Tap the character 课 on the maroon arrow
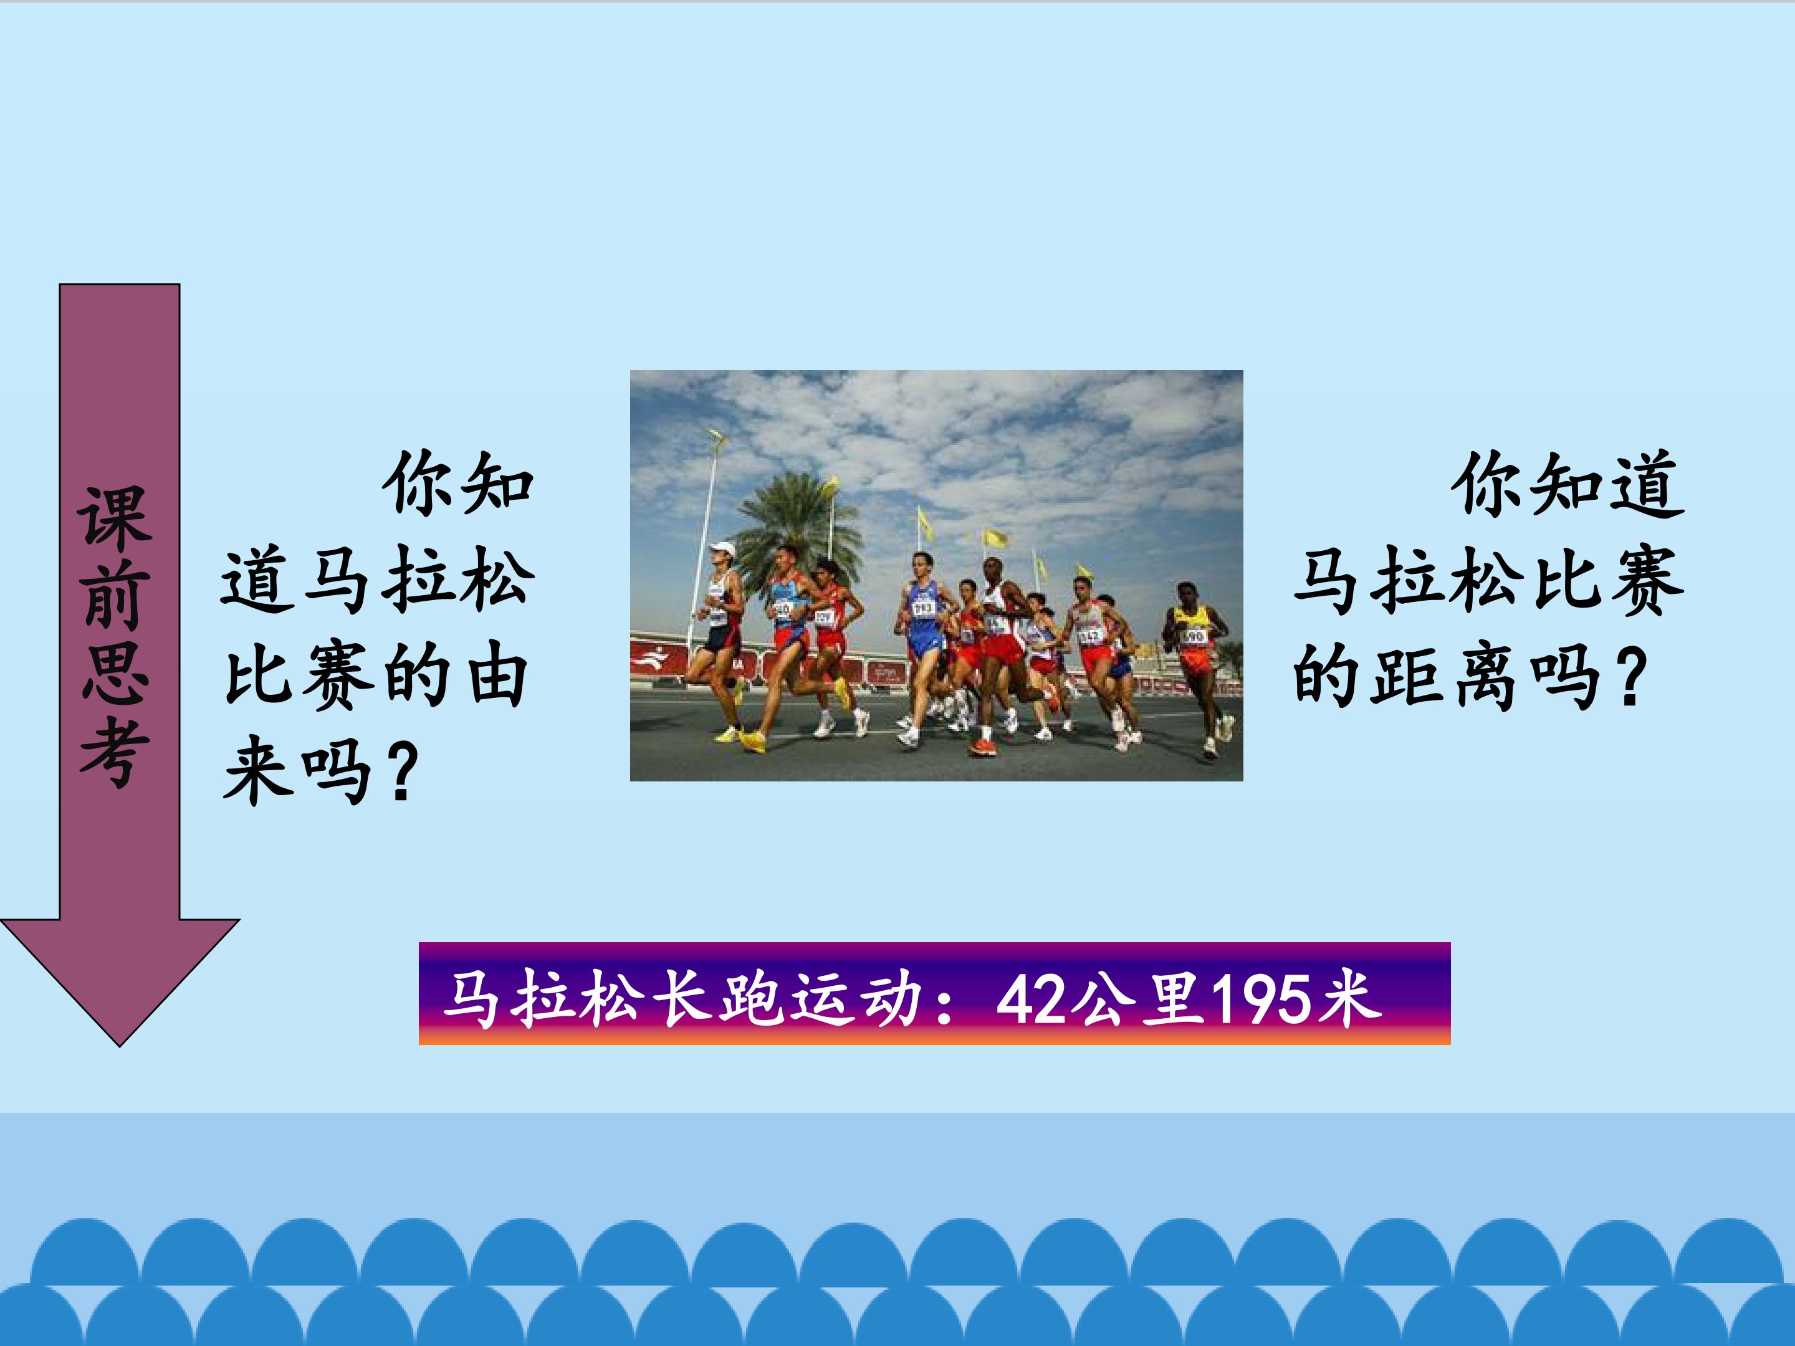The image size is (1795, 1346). [x=115, y=518]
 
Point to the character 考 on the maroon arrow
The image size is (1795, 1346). [x=115, y=754]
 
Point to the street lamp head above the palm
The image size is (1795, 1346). [x=717, y=439]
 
